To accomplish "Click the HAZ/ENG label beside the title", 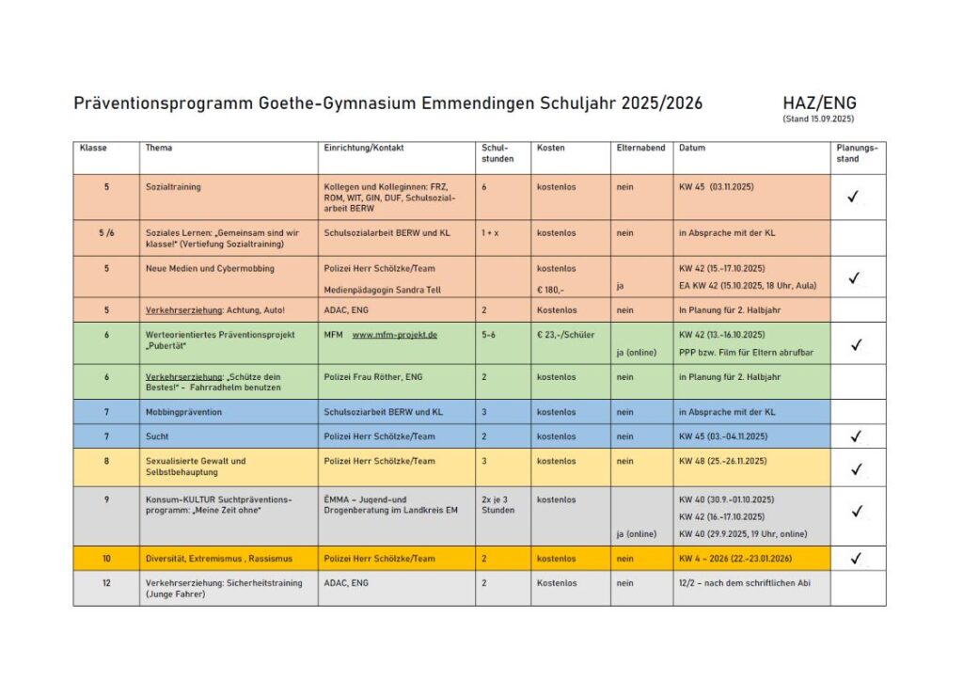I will click(x=818, y=103).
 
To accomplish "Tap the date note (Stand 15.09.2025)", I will click(x=817, y=119).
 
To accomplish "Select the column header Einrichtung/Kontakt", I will click(x=363, y=149).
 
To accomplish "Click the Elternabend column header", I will click(x=640, y=149).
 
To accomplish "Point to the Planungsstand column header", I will click(x=857, y=153).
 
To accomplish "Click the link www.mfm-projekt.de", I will click(x=394, y=334).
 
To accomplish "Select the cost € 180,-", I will click(x=550, y=290).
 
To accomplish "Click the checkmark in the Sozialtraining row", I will click(x=854, y=197).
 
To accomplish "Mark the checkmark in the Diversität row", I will click(x=856, y=559).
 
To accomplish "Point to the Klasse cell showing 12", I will click(x=106, y=583).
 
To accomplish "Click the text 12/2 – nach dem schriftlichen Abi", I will click(x=743, y=583).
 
